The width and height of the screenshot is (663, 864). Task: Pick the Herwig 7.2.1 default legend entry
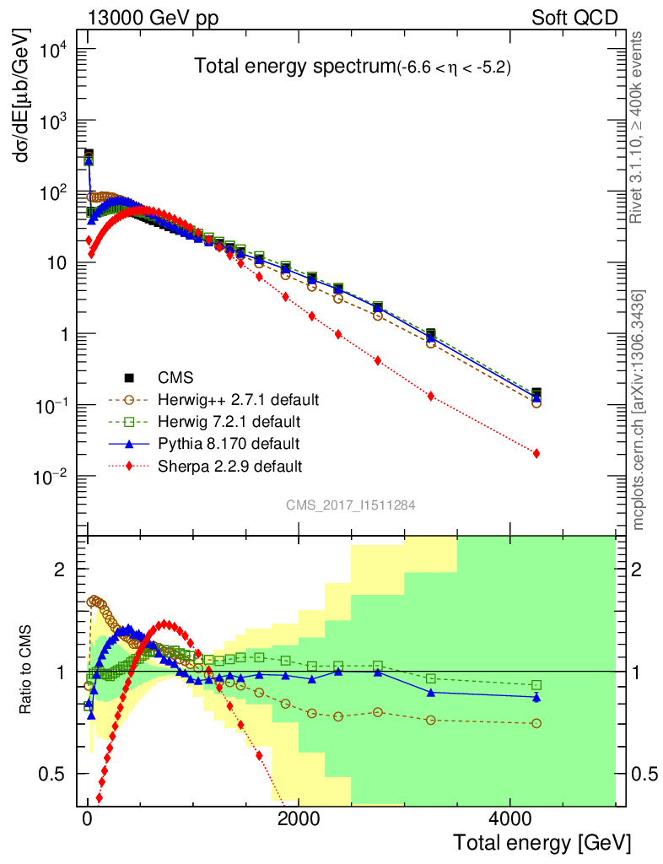229,420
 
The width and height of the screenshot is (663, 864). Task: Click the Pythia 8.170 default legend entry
229,443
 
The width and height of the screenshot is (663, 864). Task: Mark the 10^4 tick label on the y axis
52,50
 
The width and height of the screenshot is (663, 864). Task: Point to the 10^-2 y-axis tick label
51,478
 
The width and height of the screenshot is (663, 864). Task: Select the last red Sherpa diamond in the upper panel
536,454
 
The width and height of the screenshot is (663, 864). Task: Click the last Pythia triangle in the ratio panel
536,697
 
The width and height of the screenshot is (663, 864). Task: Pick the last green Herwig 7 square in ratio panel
536,685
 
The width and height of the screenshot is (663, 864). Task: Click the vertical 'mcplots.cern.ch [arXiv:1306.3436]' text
639,409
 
